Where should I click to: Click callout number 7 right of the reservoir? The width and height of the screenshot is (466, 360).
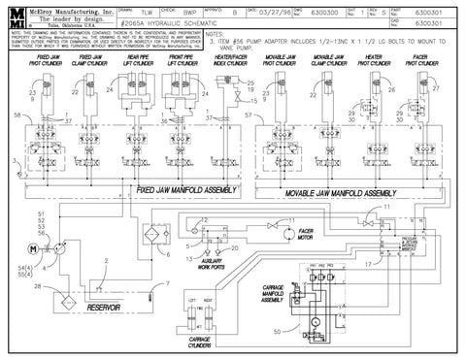166,284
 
